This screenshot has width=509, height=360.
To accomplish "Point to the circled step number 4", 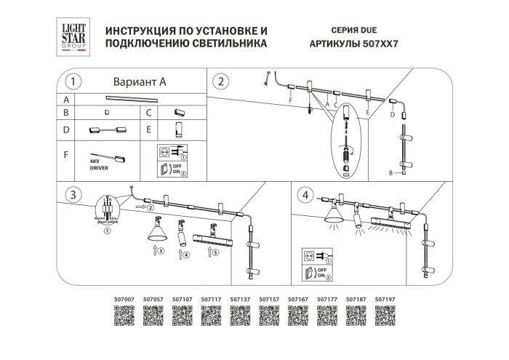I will click(x=305, y=195).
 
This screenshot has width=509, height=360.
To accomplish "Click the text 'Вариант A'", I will click(x=140, y=81).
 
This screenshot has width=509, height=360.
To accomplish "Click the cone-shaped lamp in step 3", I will click(x=157, y=231).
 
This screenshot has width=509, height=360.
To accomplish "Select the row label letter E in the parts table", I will click(x=149, y=131).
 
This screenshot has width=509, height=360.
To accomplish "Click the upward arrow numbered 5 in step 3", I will click(x=212, y=253).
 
